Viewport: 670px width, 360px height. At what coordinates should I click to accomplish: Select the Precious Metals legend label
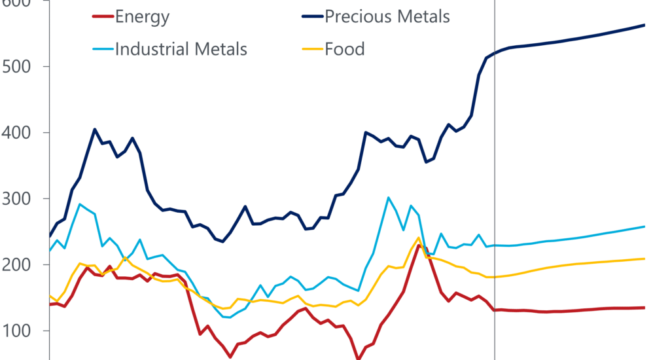[387, 16]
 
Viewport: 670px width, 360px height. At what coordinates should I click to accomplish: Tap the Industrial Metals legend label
[181, 49]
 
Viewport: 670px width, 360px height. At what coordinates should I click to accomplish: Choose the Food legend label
[345, 49]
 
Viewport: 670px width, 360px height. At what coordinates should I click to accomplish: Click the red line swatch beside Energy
[101, 17]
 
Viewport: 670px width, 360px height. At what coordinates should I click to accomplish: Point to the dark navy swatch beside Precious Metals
[311, 17]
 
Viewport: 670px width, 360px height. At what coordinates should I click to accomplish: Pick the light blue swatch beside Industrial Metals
[101, 50]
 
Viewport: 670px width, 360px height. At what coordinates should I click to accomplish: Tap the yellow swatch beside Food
[311, 50]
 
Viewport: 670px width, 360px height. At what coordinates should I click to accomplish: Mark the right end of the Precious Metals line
[644, 25]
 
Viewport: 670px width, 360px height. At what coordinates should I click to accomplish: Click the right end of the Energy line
[644, 308]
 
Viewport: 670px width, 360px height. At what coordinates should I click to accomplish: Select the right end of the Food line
[644, 259]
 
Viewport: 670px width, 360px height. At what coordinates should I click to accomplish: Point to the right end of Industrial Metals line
[644, 226]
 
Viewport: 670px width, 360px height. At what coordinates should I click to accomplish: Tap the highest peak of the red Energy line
[419, 245]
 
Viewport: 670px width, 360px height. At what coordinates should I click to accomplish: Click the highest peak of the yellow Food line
[418, 238]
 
